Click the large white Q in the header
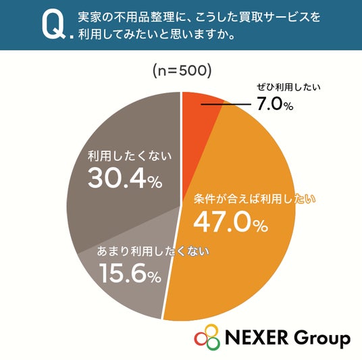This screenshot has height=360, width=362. click(53, 25)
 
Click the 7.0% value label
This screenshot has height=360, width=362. click(275, 104)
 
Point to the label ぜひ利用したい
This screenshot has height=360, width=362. click(288, 87)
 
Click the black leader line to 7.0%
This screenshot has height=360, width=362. click(226, 105)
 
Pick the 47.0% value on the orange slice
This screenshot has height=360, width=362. click(230, 222)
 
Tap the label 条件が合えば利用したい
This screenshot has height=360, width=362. click(255, 199)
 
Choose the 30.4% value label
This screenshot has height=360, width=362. click(125, 178)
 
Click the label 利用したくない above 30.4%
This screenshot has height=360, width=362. click(130, 156)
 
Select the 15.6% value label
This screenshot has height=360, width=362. click(130, 274)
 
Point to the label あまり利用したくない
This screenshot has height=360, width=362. click(153, 251)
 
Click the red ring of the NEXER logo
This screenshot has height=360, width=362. click(201, 338)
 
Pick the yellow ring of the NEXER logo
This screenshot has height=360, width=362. click(211, 330)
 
